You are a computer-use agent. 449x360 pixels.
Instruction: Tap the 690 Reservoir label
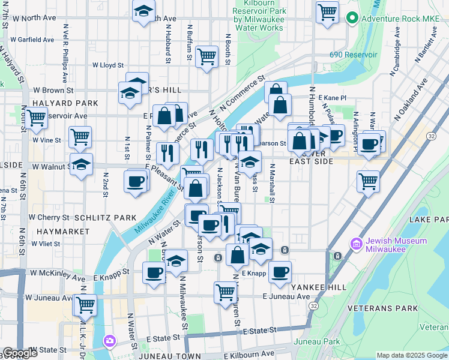click(353, 55)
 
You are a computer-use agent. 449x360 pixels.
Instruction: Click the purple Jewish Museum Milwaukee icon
click(356, 245)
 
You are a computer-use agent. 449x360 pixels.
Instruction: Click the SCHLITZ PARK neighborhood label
click(97, 217)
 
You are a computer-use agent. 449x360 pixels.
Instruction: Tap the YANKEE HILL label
click(318, 287)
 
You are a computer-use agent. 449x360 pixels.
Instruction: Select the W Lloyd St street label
click(107, 65)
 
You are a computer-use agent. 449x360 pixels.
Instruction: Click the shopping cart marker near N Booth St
click(206, 56)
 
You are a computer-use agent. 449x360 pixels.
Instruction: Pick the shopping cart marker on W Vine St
click(79, 137)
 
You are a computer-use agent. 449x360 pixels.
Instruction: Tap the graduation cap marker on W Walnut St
click(81, 164)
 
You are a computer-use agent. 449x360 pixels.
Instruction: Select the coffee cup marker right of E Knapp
click(280, 272)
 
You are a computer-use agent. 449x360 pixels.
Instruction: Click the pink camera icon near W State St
click(109, 341)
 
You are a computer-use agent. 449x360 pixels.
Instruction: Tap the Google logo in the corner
click(20, 353)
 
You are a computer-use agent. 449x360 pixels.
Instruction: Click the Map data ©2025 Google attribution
click(411, 355)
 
